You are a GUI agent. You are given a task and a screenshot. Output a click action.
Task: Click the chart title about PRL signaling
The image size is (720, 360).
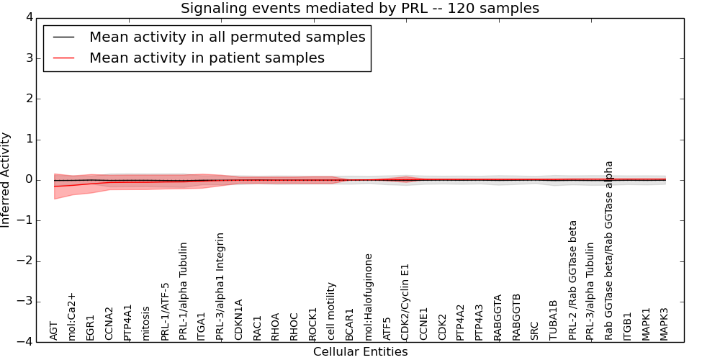pos(359,9)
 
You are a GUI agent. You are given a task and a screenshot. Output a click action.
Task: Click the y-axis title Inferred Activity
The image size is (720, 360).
pos(6,180)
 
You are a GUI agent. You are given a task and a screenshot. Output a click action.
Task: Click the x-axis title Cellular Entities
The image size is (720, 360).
pos(360,352)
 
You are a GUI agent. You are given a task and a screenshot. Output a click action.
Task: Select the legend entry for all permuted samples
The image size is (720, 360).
pos(227,37)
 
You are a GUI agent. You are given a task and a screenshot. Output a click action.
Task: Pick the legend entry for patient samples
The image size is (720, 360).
pos(207,58)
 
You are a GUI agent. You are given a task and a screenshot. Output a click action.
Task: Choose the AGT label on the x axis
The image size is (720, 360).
pos(54,330)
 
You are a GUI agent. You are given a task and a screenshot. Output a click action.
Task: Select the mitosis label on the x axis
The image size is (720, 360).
pos(147,323)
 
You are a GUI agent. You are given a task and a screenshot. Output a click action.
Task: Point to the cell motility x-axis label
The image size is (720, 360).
pos(332,311)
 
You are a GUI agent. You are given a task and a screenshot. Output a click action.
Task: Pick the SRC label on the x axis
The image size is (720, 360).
pos(534,330)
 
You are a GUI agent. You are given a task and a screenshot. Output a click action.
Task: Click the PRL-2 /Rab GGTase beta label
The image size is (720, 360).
pos(573,280)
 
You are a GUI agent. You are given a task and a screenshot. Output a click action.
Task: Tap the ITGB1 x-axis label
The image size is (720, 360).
pos(627,326)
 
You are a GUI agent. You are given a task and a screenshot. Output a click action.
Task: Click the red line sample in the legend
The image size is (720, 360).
pos(63,58)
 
